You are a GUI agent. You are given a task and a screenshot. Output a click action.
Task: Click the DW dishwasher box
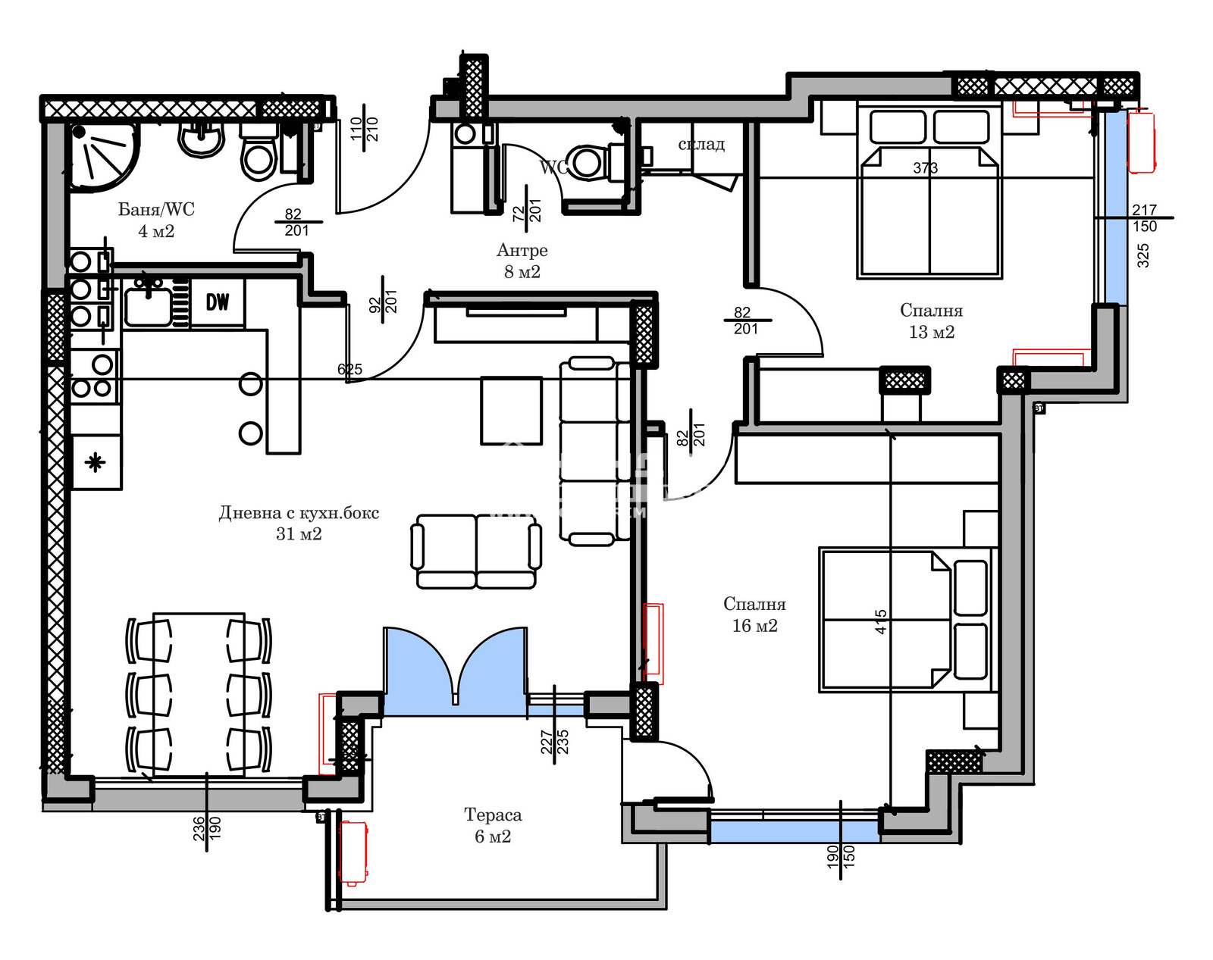pos(218,302)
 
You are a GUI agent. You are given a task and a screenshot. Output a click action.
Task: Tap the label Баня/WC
pos(156,209)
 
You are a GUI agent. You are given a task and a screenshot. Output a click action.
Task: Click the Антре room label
pos(522,250)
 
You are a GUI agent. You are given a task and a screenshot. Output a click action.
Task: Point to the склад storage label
pos(701,144)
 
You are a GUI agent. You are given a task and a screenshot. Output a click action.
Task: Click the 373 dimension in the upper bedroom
pos(925,168)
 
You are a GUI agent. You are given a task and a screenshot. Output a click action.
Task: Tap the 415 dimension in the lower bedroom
pos(880,621)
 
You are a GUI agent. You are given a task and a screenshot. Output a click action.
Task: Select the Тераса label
pos(493,815)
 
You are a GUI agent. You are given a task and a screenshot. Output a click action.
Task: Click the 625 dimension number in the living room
pos(349,370)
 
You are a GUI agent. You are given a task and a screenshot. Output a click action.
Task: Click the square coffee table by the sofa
pos(511,411)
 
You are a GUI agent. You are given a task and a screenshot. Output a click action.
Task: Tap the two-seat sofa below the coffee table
pos(476,552)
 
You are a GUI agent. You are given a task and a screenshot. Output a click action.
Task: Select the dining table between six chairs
pos(199,693)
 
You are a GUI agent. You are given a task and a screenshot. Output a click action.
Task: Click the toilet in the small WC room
pos(587,162)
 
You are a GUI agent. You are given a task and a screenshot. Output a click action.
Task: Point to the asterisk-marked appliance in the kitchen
pos(96,462)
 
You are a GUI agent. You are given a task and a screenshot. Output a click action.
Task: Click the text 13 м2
pos(931,332)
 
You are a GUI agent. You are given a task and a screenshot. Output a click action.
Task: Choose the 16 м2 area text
pos(754,626)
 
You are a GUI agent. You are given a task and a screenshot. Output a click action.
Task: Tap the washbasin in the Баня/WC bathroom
pos(202,140)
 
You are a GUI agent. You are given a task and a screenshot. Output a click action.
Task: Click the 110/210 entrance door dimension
pos(364,129)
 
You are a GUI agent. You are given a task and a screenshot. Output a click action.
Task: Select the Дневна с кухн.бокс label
pos(299,513)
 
